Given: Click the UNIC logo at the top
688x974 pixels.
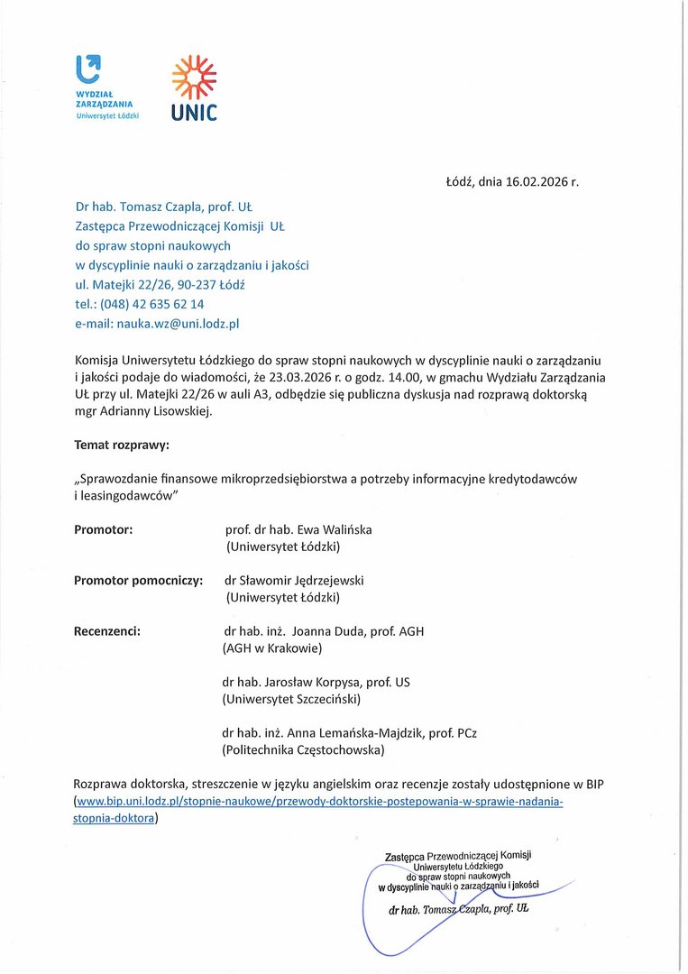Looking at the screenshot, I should (194, 88).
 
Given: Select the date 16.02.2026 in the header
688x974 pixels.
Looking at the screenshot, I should (537, 181).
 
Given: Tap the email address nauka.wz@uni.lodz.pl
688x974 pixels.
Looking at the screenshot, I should (178, 322).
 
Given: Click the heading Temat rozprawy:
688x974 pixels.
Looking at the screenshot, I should (121, 446).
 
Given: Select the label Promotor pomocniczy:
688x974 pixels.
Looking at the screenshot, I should (137, 580).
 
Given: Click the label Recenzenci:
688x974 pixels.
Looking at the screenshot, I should (106, 631).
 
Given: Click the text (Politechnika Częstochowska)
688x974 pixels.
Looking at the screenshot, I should (303, 749).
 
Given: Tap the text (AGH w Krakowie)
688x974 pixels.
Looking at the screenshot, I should (271, 648).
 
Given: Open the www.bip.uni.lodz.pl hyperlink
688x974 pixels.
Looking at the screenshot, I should (317, 802).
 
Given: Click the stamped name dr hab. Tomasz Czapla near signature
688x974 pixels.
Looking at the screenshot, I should (458, 909).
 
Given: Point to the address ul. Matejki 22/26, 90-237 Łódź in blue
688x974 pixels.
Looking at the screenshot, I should (161, 284).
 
